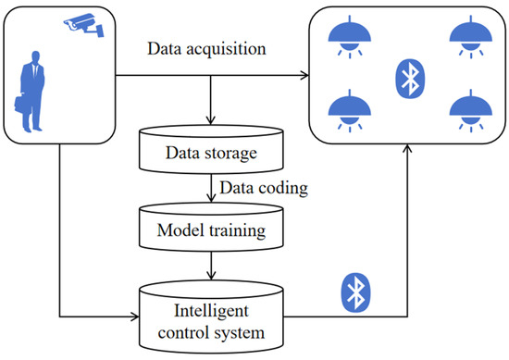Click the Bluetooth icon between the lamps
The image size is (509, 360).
[407, 78]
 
